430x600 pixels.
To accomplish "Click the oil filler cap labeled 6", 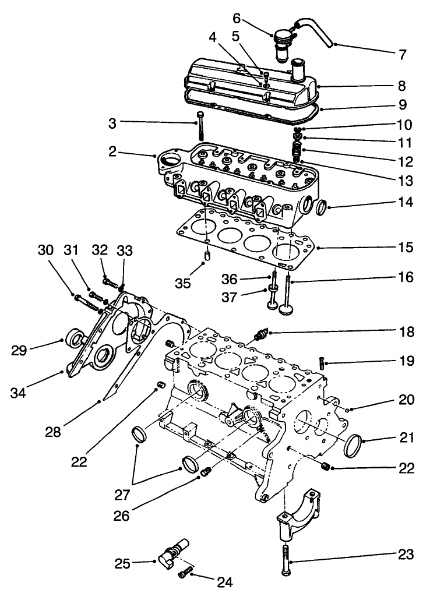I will pyautogui.click(x=284, y=44).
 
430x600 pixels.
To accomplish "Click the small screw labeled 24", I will pyautogui.click(x=184, y=574).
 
